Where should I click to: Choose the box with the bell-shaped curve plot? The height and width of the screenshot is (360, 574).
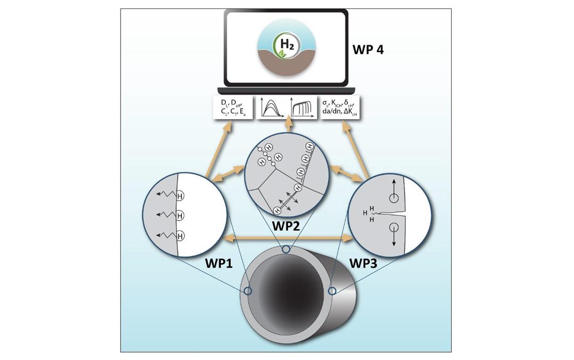[x=272, y=108]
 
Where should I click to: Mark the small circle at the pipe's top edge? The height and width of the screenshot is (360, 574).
[x=286, y=249]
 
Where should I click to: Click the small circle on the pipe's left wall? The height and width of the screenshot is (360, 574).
[x=247, y=291]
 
